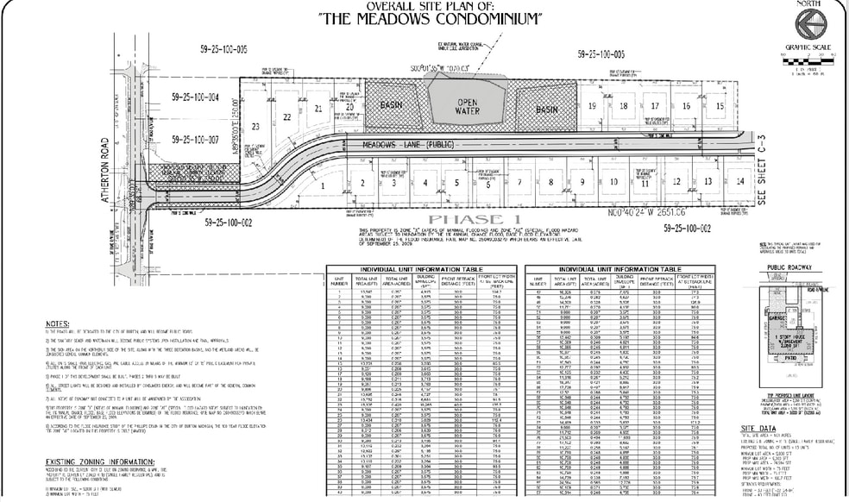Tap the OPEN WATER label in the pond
[x=466, y=105]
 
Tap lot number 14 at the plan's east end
[x=739, y=182]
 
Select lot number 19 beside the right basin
[x=592, y=105]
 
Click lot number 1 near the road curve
[x=323, y=185]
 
